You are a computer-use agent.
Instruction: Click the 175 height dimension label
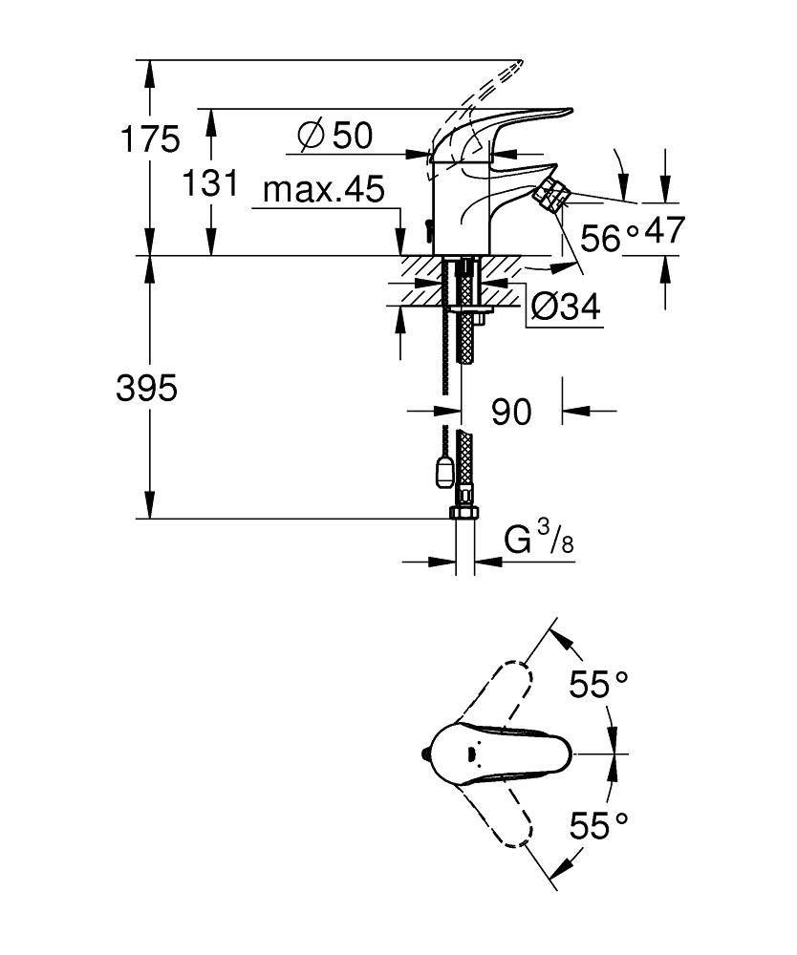pos(148,139)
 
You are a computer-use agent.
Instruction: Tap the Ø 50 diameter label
pos(334,136)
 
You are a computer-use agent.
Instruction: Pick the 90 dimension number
pos(511,412)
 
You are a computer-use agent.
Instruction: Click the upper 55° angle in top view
pos(599,684)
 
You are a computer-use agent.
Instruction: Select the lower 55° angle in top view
pos(599,823)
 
